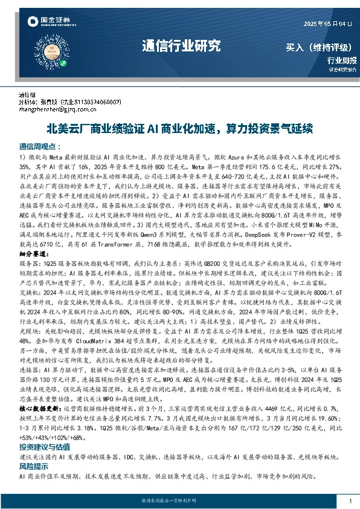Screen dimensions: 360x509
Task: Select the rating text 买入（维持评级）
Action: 320,47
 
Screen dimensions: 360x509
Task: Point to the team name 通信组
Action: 27,96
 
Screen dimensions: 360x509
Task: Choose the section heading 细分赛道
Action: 33,256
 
